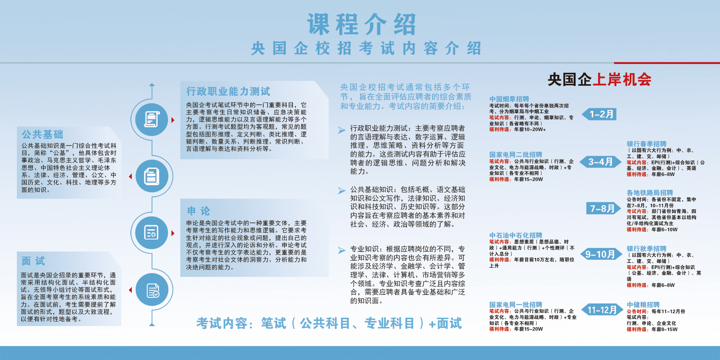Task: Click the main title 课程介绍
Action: click(362, 24)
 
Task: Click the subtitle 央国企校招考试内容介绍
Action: click(366, 48)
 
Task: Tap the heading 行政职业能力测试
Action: click(228, 91)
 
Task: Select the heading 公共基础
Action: click(42, 134)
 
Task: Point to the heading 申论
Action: click(198, 211)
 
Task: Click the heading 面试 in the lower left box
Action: click(33, 261)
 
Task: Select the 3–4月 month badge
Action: click(600, 162)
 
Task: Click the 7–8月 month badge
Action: click(603, 208)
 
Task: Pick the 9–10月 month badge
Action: click(600, 254)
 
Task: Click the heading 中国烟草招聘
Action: click(509, 99)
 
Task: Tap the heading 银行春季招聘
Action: click(646, 144)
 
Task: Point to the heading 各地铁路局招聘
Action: click(650, 193)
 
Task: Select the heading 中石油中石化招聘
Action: click(516, 235)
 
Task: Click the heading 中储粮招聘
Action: click(643, 305)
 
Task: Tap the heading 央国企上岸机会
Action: click(600, 79)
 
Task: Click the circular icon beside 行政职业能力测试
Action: click(152, 119)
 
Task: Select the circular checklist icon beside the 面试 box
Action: click(152, 290)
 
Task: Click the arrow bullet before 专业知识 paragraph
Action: click(342, 250)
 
